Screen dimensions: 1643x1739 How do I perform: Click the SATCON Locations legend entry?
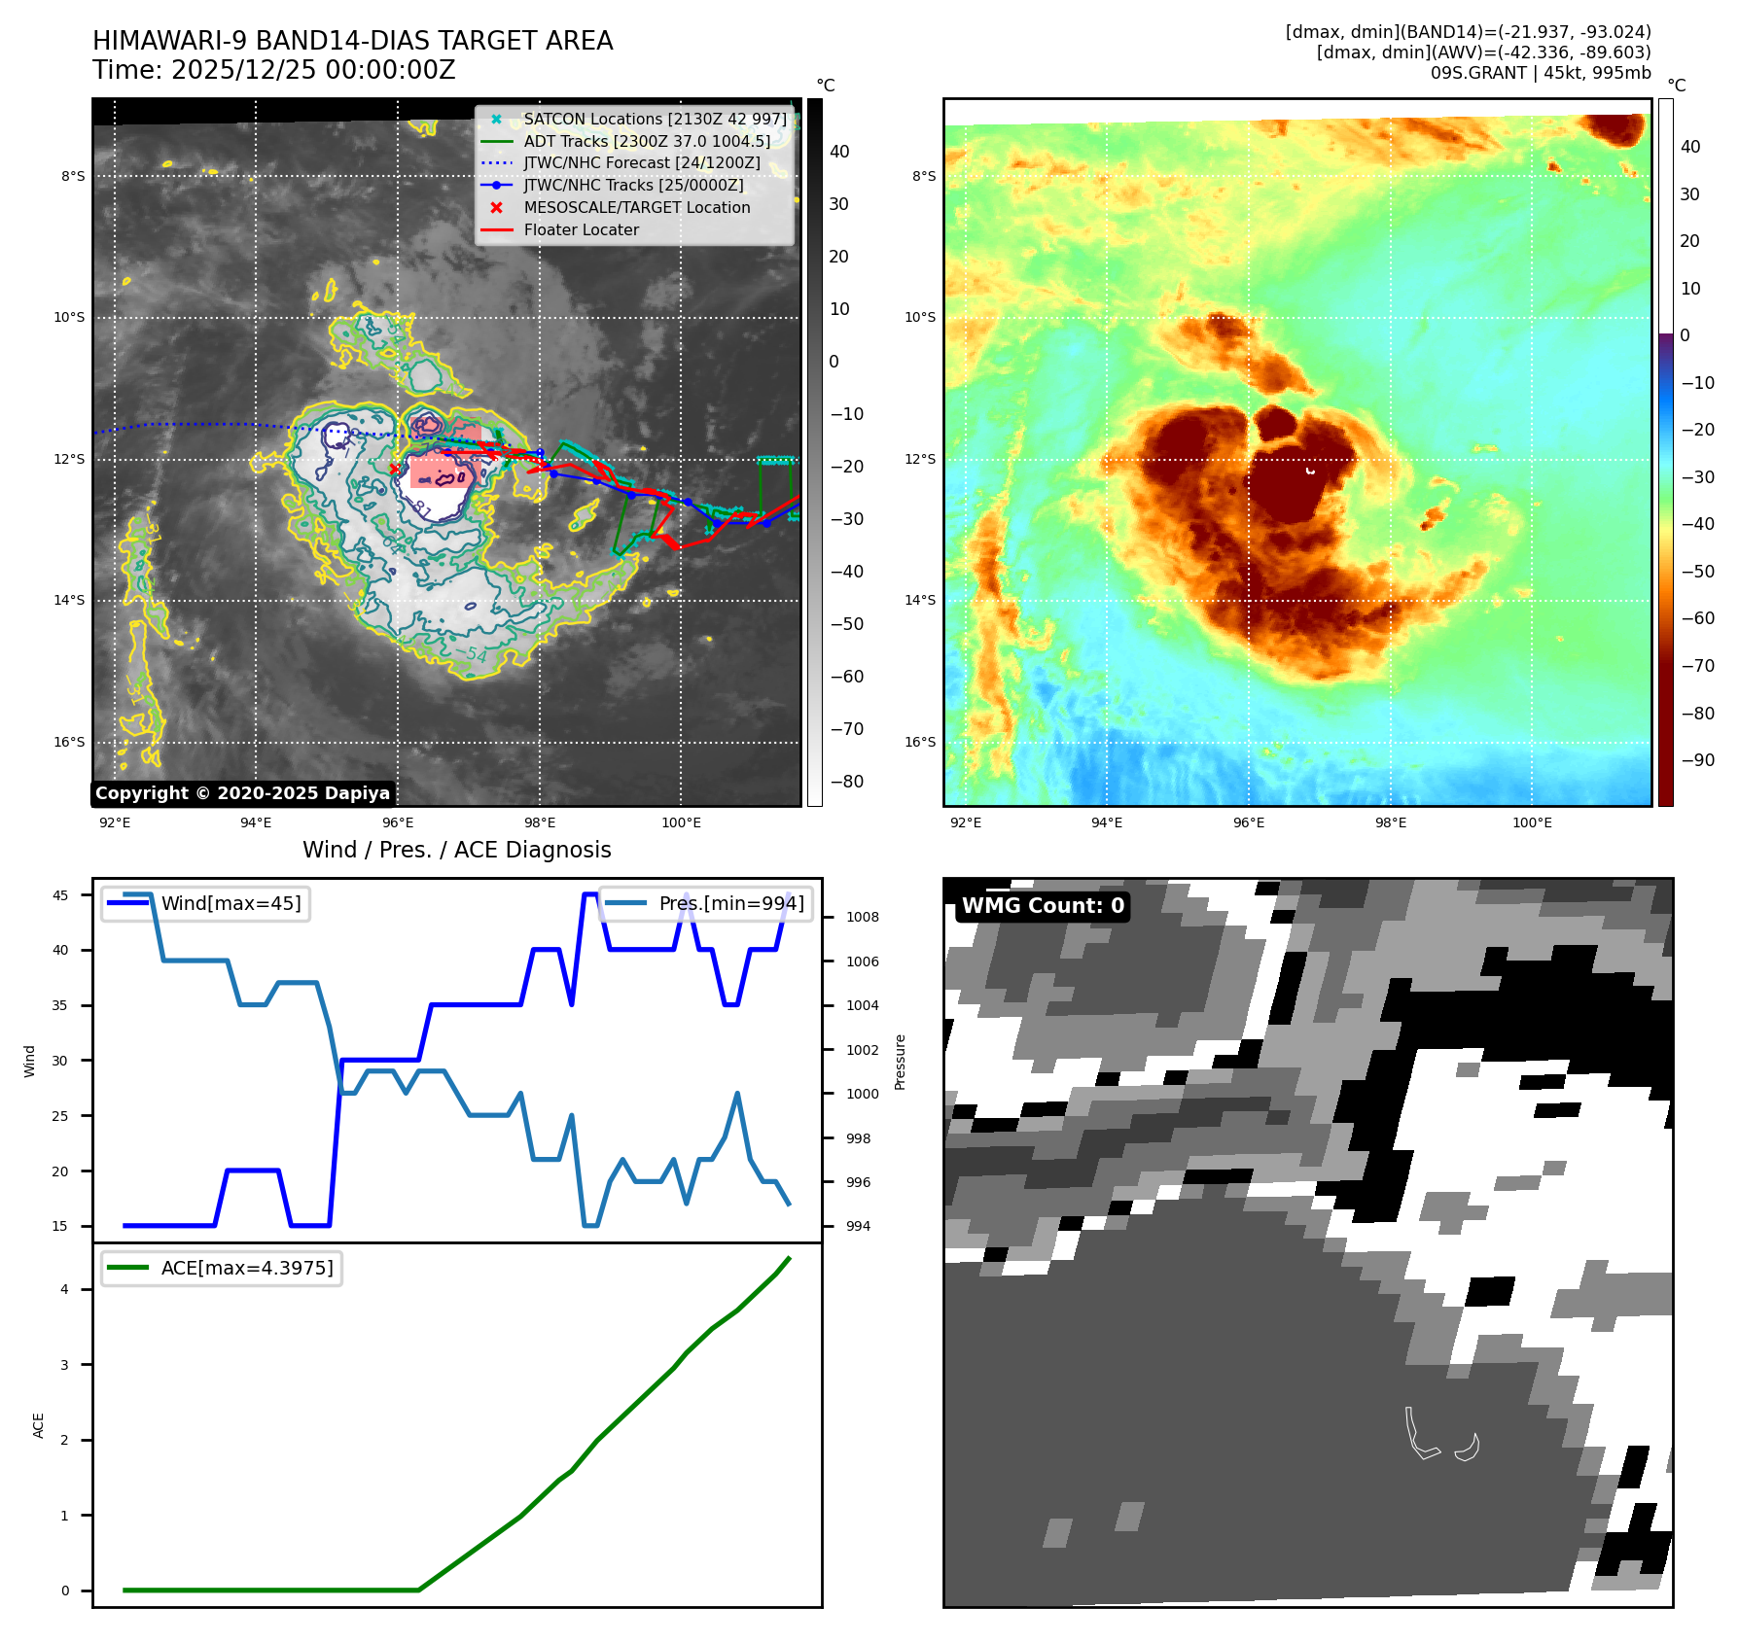point(655,119)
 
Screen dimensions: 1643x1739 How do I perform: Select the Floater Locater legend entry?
point(581,229)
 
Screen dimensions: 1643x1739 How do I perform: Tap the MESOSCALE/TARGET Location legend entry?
point(636,207)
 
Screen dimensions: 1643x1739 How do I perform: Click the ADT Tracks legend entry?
point(646,141)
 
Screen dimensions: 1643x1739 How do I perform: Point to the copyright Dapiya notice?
point(242,793)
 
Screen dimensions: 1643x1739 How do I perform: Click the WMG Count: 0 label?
point(1043,906)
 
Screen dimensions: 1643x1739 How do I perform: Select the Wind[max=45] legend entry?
point(231,903)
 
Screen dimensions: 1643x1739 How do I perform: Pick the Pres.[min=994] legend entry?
point(731,903)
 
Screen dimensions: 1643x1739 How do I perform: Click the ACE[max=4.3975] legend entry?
point(247,1268)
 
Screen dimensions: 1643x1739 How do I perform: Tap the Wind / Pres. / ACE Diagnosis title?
point(456,850)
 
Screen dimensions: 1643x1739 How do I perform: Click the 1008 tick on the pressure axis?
point(862,917)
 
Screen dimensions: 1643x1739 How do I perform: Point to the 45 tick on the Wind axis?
point(60,895)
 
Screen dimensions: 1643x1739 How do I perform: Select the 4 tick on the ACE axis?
point(65,1289)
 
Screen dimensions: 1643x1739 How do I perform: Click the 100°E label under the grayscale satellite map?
point(681,822)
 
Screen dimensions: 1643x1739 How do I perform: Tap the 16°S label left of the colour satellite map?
point(920,742)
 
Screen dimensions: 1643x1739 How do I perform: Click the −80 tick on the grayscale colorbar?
point(846,782)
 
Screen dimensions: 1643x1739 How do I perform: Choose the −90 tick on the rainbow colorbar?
point(1697,760)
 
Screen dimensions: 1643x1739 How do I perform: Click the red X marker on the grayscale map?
point(394,469)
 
